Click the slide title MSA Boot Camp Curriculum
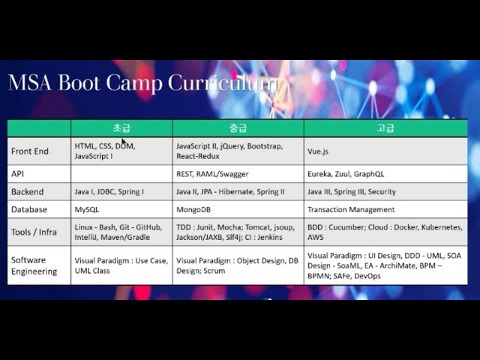click(142, 82)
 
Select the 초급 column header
click(121, 128)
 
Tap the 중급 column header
click(238, 128)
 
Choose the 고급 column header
click(385, 128)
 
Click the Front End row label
click(30, 151)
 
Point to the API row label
click(19, 173)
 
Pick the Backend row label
click(28, 192)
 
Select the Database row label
click(29, 210)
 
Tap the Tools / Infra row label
click(34, 232)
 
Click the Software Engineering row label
click(34, 265)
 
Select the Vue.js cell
click(318, 151)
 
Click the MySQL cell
click(87, 210)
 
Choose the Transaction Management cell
click(351, 210)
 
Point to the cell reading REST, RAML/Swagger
click(212, 174)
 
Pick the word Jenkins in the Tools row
click(268, 237)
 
